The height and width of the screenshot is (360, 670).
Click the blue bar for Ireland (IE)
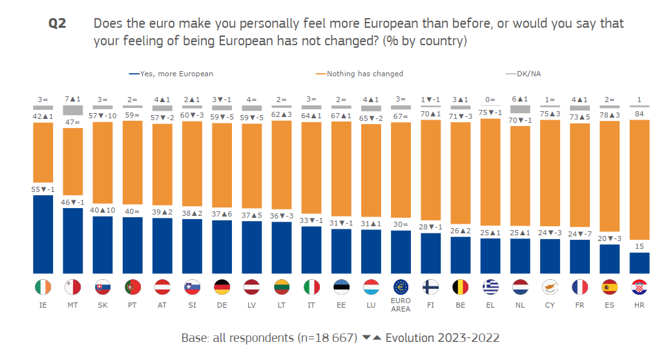pyautogui.click(x=43, y=234)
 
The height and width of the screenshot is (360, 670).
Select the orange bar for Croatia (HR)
pyautogui.click(x=640, y=185)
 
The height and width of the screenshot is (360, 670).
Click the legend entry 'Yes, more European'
pyautogui.click(x=171, y=74)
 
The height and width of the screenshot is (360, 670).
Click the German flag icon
pyautogui.click(x=222, y=287)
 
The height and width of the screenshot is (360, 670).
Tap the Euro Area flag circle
pyautogui.click(x=401, y=287)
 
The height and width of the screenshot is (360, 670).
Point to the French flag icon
pyautogui.click(x=580, y=287)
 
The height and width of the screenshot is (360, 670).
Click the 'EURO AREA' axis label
pyautogui.click(x=401, y=305)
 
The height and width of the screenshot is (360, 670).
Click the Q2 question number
pyautogui.click(x=58, y=24)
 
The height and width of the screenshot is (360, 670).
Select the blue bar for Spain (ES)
pyautogui.click(x=610, y=259)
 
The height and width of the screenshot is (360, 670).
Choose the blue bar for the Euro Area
pyautogui.click(x=401, y=252)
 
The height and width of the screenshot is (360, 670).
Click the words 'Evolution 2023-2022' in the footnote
pyautogui.click(x=443, y=338)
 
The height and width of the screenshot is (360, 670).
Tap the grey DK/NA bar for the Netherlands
pyautogui.click(x=520, y=110)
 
